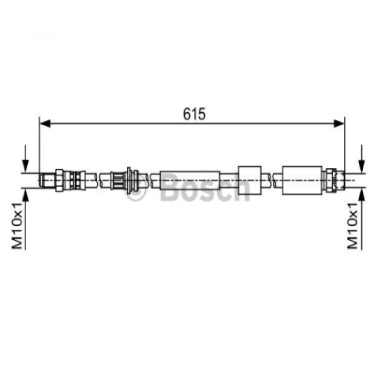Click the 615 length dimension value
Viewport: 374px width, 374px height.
tap(194, 114)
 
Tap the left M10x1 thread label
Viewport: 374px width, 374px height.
tap(17, 226)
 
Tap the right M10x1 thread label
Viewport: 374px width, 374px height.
tap(353, 226)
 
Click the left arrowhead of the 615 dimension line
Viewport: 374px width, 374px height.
tap(45, 123)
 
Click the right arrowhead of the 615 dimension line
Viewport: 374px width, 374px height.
tap(339, 123)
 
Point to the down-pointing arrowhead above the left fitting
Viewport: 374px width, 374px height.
tap(26, 166)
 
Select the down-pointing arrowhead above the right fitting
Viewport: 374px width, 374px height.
tap(362, 166)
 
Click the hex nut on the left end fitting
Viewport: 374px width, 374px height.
tap(59, 181)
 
